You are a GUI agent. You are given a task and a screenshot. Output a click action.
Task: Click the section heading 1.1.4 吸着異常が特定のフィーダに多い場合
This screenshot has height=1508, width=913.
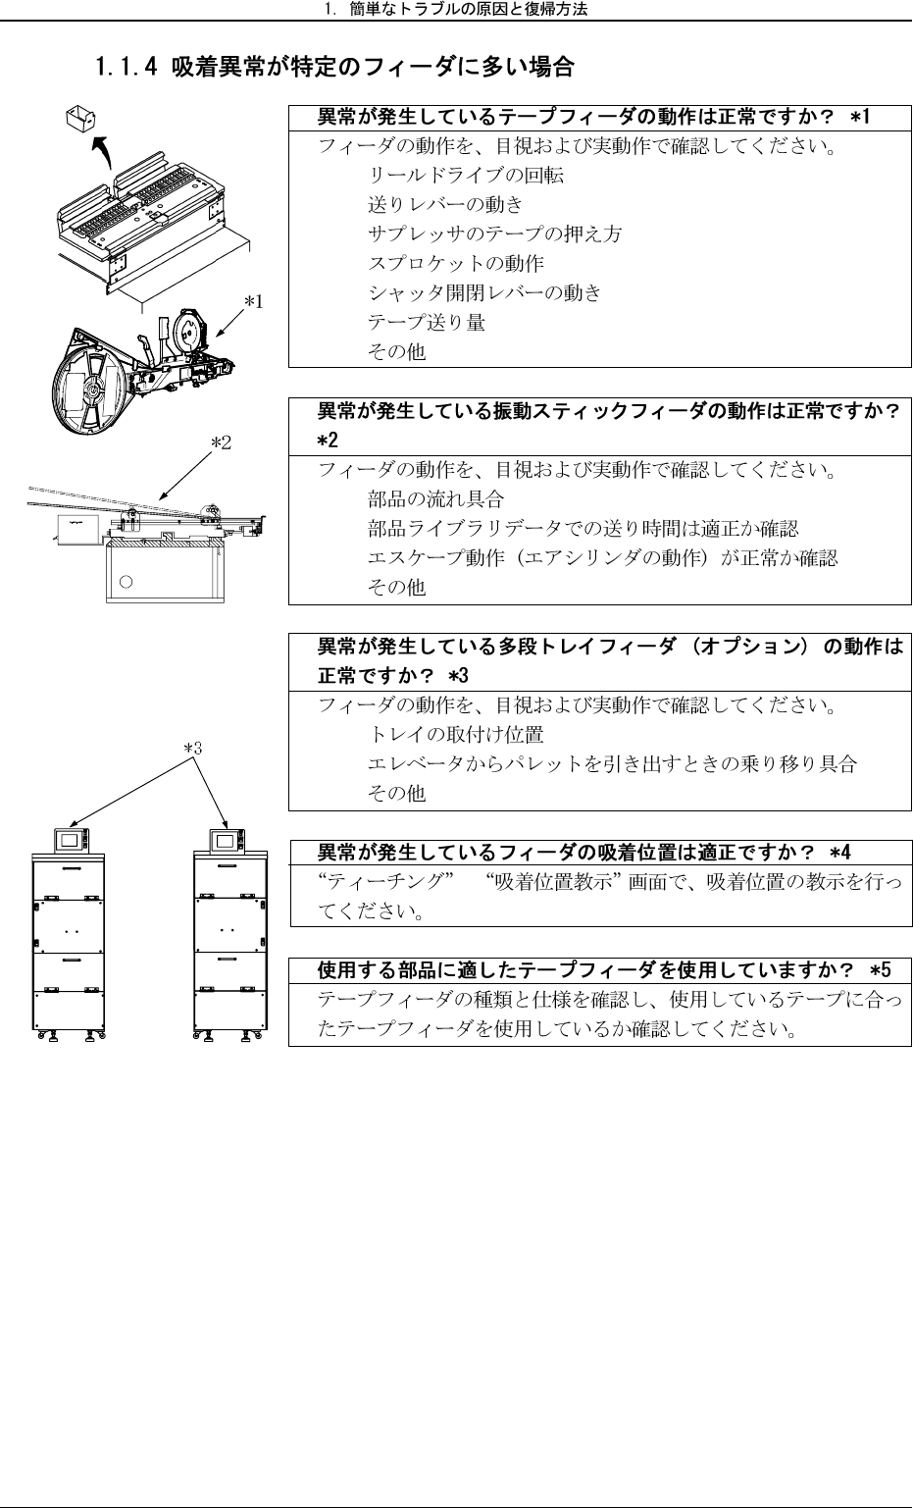pyautogui.click(x=333, y=69)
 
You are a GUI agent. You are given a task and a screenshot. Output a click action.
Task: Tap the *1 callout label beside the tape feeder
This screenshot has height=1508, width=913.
pyautogui.click(x=253, y=302)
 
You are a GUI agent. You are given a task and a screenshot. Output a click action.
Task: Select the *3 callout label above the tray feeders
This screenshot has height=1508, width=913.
pyautogui.click(x=193, y=748)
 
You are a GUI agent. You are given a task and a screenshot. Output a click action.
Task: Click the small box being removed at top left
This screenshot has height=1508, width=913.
pyautogui.click(x=78, y=119)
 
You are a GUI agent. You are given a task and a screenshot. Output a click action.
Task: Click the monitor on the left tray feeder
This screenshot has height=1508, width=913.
pyautogui.click(x=69, y=841)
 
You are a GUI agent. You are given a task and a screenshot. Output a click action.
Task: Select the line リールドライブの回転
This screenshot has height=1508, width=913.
pyautogui.click(x=465, y=176)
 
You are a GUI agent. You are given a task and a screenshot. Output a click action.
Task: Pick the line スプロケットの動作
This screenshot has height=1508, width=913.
pyautogui.click(x=455, y=264)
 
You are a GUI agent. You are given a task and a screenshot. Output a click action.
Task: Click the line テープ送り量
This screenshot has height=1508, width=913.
pyautogui.click(x=426, y=323)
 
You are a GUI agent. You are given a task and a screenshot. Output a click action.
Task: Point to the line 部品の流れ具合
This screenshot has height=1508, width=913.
pyautogui.click(x=435, y=499)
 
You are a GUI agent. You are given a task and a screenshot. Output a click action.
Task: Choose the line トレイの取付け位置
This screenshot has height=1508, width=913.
pyautogui.click(x=455, y=735)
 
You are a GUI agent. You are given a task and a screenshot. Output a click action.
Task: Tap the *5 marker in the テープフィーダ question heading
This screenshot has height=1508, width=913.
pyautogui.click(x=880, y=970)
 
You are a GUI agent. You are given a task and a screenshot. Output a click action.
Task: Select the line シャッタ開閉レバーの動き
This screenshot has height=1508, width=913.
pyautogui.click(x=484, y=293)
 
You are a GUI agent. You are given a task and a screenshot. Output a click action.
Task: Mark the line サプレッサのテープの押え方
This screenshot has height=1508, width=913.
pyautogui.click(x=494, y=234)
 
